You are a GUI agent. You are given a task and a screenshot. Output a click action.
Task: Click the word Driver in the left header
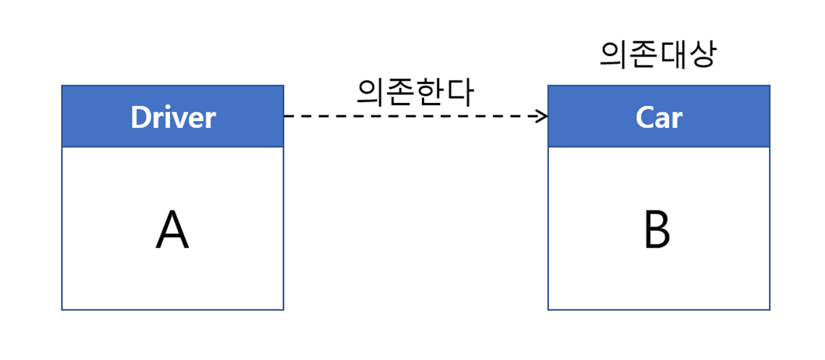(173, 117)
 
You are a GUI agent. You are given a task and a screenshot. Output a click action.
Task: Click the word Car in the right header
(659, 117)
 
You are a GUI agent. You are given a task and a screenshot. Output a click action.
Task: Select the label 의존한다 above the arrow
(415, 92)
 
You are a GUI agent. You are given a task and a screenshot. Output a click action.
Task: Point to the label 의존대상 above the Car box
(657, 54)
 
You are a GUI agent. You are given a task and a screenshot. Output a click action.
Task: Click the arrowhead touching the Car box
(542, 116)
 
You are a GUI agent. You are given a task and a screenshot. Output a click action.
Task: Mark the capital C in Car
(644, 117)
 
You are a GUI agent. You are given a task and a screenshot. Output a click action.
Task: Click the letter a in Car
(662, 119)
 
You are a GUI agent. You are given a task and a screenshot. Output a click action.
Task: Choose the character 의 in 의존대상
(614, 54)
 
